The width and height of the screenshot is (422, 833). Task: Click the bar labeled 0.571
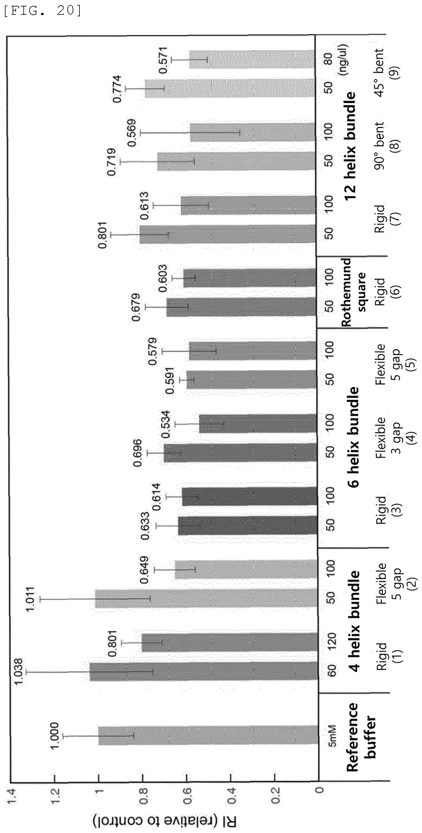[x=252, y=59]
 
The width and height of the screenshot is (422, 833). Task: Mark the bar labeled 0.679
[x=241, y=306]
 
